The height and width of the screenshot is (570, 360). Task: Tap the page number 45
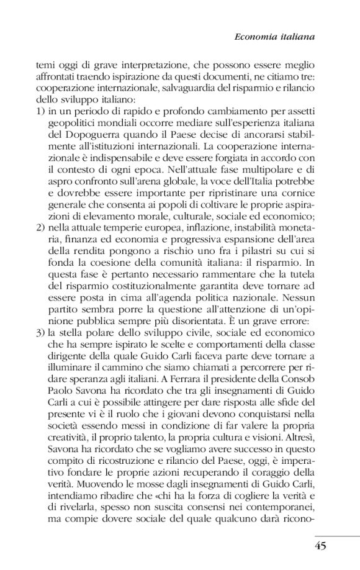click(320, 546)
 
